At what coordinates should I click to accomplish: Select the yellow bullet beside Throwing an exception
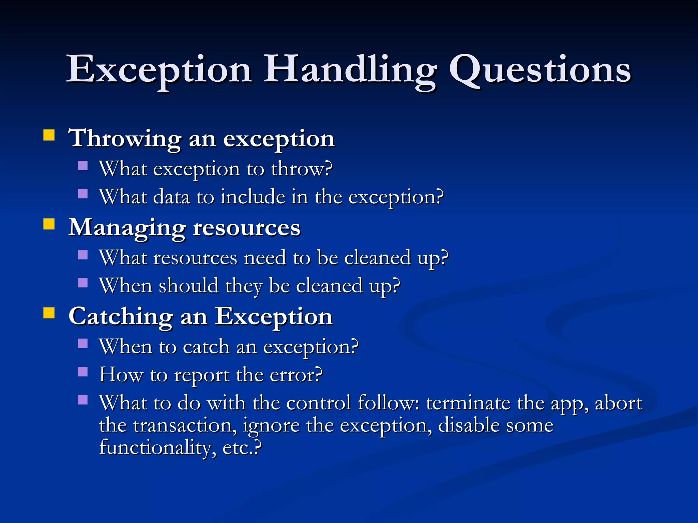coord(49,135)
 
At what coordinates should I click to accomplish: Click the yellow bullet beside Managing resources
coord(49,224)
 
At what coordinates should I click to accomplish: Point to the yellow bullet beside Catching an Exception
coord(49,313)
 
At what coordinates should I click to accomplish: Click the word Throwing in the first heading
coord(125,139)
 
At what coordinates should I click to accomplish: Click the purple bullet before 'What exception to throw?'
coord(83,166)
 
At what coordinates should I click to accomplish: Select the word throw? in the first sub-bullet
coord(301,169)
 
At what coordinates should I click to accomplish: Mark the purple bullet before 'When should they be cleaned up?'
coord(83,283)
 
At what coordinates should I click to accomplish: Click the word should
coord(188,286)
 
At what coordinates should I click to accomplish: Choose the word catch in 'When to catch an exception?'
coord(206,347)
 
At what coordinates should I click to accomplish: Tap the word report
coord(201,375)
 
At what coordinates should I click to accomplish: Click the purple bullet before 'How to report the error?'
coord(83,371)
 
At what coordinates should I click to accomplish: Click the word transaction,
coord(184,426)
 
